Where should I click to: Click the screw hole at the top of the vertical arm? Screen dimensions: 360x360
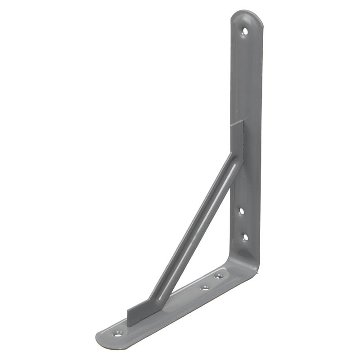[x=245, y=31]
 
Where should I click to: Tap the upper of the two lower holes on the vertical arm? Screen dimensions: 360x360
[x=241, y=210]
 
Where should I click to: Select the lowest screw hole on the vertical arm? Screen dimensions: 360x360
[x=245, y=236]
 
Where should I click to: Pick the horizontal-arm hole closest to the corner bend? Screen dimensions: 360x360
[x=219, y=276]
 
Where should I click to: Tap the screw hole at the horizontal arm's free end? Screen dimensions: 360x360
[x=118, y=334]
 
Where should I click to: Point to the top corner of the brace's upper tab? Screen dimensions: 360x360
[x=243, y=121]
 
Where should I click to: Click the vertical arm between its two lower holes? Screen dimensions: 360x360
[x=243, y=223]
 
